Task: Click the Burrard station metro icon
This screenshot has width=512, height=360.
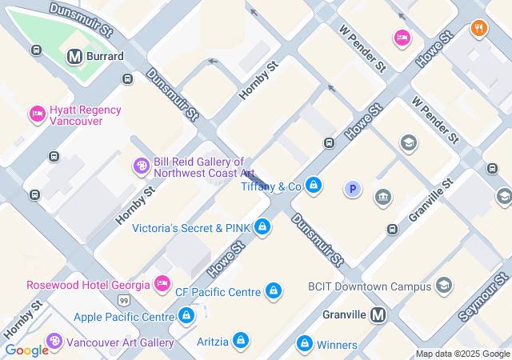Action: (75, 57)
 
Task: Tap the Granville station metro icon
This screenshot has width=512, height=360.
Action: (378, 315)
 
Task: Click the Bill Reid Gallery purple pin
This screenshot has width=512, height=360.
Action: (142, 166)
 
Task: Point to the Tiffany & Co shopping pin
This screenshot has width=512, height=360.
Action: (314, 186)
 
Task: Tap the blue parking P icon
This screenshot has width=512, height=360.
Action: (352, 190)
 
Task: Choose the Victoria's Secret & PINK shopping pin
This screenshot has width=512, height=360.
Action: (262, 228)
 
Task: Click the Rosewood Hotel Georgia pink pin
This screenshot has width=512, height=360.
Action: (162, 284)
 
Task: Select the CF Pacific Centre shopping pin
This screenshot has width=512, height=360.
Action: (274, 291)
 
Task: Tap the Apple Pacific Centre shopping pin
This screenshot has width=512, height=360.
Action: (186, 317)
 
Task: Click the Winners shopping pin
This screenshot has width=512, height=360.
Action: (304, 345)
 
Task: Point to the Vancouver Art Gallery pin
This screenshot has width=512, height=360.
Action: (54, 342)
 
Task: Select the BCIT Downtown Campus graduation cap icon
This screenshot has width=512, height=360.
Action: (444, 286)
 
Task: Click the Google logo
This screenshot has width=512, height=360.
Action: (26, 350)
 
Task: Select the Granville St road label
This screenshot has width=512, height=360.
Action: (430, 199)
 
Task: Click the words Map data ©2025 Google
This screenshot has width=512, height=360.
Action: (462, 354)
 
